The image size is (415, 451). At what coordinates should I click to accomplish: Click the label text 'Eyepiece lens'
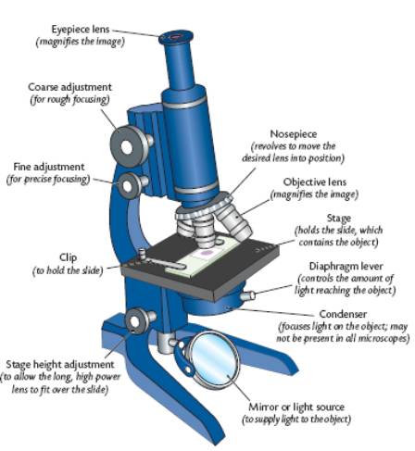81,30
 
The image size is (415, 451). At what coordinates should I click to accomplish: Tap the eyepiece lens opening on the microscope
175,37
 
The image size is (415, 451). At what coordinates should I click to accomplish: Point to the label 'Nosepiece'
294,134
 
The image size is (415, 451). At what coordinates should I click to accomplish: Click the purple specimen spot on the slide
205,254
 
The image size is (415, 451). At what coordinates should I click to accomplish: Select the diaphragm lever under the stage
247,295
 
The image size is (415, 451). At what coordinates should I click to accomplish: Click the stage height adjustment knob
136,321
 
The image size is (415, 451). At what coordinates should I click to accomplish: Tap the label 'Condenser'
343,314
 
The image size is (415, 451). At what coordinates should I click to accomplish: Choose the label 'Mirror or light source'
296,407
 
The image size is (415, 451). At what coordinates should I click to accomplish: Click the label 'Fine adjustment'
49,167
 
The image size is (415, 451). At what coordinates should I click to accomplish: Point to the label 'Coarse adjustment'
69,87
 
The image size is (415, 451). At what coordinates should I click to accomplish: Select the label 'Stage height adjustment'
60,365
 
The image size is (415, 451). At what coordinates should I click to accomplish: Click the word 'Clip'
69,257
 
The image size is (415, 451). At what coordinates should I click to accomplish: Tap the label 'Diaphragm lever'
346,266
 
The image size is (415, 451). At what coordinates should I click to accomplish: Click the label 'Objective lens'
315,182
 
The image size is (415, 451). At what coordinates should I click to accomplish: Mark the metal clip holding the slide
160,262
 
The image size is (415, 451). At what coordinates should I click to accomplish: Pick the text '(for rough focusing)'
69,100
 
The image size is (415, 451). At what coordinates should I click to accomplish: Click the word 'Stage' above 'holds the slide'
339,219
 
